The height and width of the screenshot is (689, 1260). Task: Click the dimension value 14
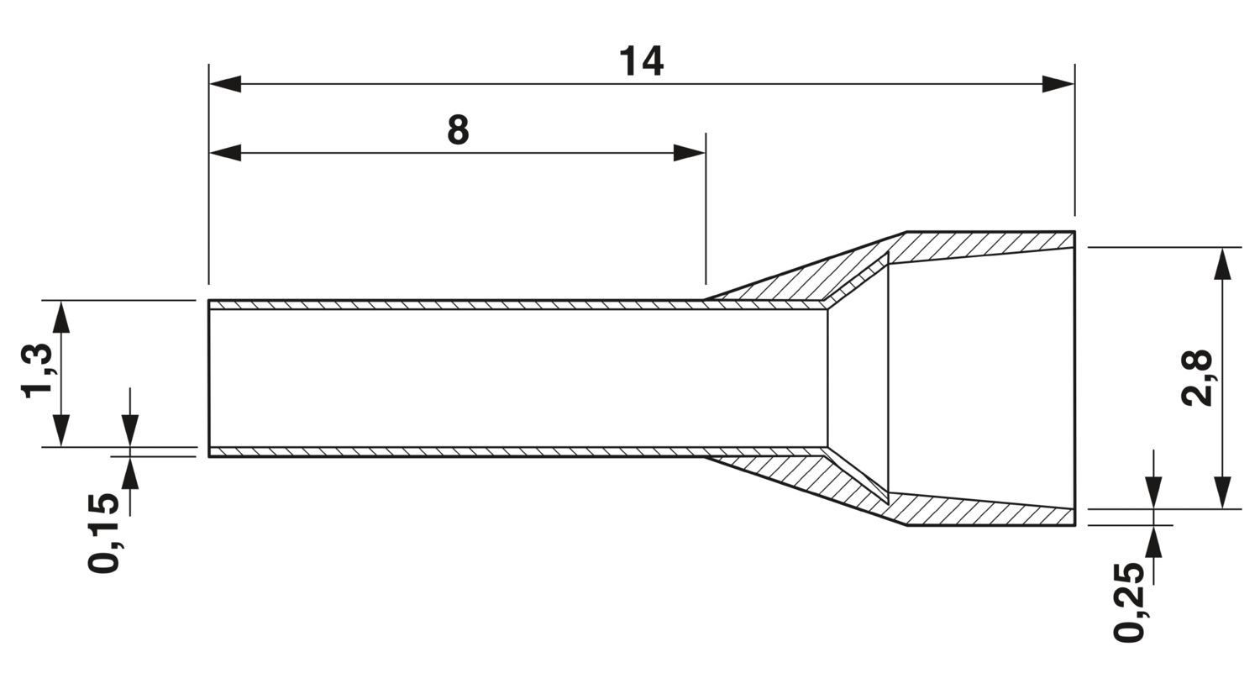coord(641,62)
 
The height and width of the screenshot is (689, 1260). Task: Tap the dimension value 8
coord(458,130)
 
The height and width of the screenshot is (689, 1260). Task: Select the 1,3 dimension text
coord(37,371)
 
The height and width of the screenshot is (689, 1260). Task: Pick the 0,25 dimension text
coord(1130,602)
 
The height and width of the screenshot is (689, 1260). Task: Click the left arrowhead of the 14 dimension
coord(225,84)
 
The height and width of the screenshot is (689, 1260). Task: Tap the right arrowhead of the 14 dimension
coord(1058,84)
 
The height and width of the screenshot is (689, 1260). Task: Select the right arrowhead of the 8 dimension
coord(689,152)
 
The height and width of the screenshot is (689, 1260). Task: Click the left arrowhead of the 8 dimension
coord(225,152)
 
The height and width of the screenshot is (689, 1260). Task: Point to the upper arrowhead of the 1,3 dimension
coord(62,317)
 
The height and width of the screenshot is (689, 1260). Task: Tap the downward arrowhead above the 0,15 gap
coord(130,431)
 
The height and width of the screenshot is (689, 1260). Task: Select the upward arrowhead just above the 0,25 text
coord(1153,542)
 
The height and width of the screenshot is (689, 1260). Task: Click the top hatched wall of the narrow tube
coord(517,305)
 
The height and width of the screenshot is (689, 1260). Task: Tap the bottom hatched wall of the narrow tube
coord(517,452)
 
